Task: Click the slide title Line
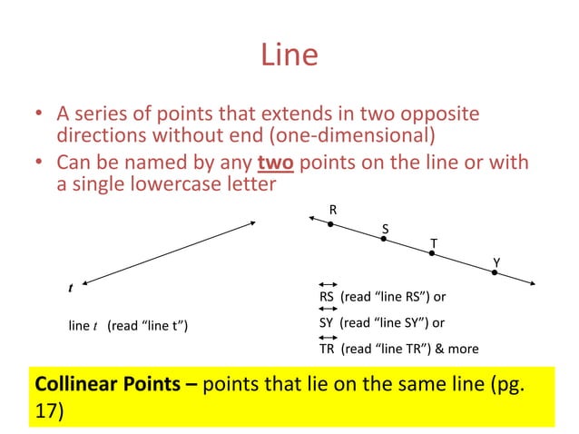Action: [x=289, y=56]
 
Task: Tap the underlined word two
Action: [x=277, y=163]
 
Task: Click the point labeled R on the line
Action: [x=331, y=223]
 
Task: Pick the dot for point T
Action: [x=432, y=254]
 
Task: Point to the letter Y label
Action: [x=496, y=262]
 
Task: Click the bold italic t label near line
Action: [x=71, y=288]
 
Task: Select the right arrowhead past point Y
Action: [x=530, y=284]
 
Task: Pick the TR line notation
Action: [x=328, y=348]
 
